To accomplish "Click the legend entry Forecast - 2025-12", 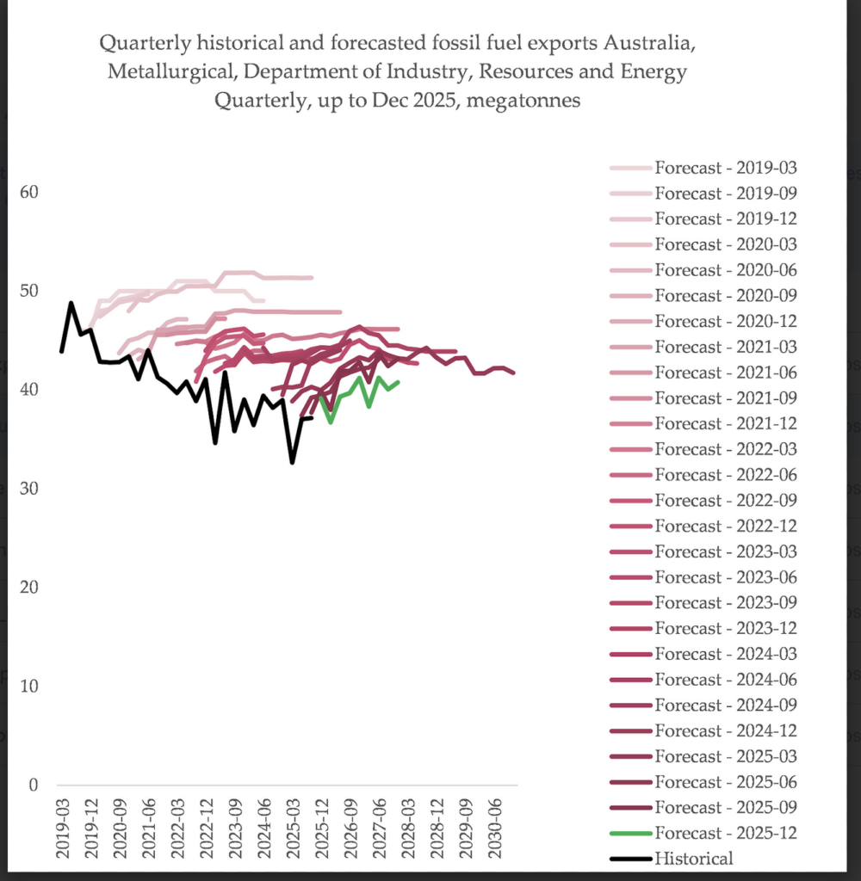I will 725,833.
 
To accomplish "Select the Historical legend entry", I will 694,859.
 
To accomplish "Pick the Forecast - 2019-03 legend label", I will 725,167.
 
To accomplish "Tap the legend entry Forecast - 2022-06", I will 725,475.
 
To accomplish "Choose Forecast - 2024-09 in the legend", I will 725,705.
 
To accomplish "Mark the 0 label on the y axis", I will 34,786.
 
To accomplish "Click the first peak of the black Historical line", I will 71,303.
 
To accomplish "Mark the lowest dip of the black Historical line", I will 292,463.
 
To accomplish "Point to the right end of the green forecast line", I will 398,382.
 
